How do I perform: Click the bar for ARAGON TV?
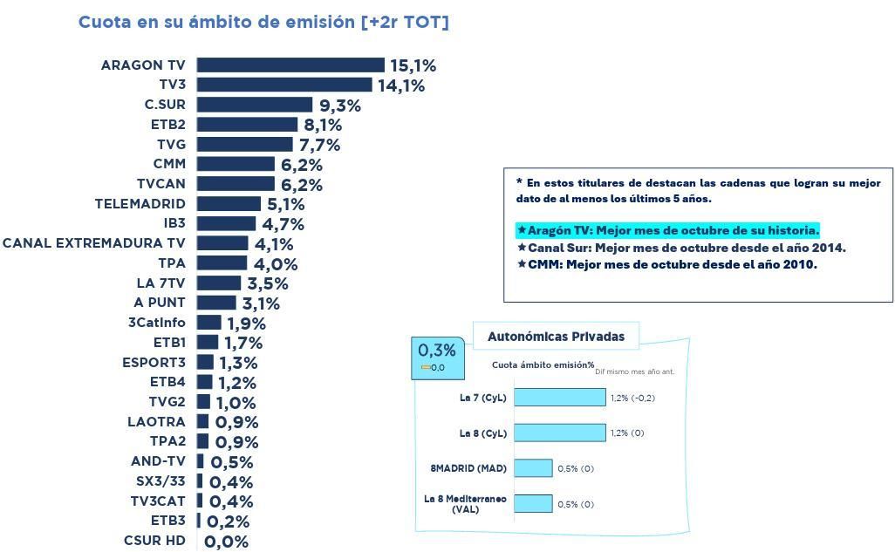[x=290, y=65]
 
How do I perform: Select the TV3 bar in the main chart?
[x=284, y=85]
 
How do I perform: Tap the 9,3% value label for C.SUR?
[x=339, y=106]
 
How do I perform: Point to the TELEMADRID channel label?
[x=140, y=204]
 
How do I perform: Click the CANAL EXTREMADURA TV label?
[x=93, y=243]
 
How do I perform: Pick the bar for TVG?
[x=244, y=144]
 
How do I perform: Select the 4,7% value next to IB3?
[x=283, y=224]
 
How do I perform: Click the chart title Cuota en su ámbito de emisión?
[x=263, y=23]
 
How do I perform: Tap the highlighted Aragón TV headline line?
[x=668, y=231]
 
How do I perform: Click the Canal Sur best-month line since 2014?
[x=680, y=248]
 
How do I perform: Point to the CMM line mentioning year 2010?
[x=666, y=264]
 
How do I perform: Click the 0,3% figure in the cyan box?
[x=437, y=351]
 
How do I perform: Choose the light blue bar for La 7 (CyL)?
[x=559, y=398]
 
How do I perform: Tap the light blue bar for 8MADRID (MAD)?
[x=533, y=468]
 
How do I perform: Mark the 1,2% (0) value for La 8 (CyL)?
[x=627, y=433]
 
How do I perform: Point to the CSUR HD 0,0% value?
[x=226, y=542]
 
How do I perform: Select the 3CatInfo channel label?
[x=156, y=323]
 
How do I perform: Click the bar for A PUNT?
[x=216, y=303]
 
